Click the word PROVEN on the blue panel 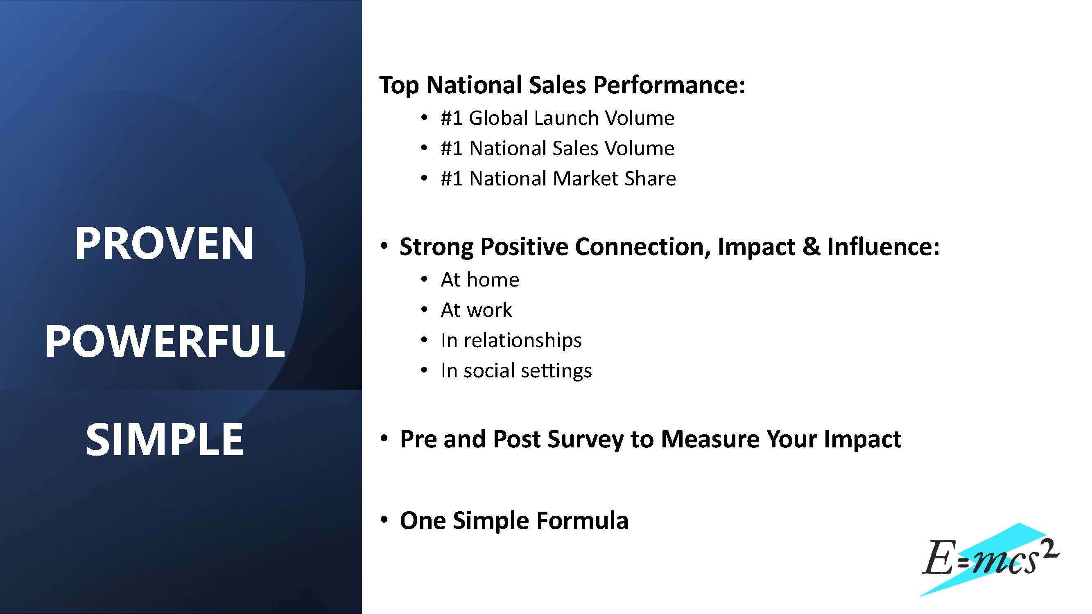[x=164, y=243]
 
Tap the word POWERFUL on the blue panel [x=165, y=341]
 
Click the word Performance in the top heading [x=669, y=85]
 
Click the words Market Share [x=614, y=178]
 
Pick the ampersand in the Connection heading [x=811, y=246]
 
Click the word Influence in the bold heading [x=883, y=246]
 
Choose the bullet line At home [x=480, y=280]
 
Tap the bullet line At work [x=476, y=310]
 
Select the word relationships [x=522, y=341]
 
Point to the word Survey [x=586, y=439]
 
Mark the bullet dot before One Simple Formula [x=384, y=520]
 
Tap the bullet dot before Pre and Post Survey [x=384, y=438]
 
